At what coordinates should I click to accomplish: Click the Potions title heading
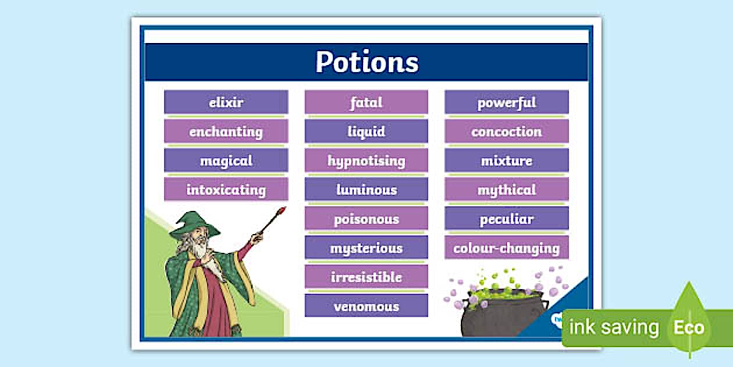[x=367, y=62]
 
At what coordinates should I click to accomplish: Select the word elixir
[x=226, y=103]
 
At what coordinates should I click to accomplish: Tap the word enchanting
[x=226, y=132]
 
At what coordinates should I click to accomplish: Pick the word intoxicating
[x=226, y=190]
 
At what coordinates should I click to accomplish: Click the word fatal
[x=366, y=103]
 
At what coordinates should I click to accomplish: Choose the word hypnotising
[x=366, y=161]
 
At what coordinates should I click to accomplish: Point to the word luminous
[x=366, y=190]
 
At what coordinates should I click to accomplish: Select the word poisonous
[x=366, y=219]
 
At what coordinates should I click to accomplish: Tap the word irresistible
[x=366, y=277]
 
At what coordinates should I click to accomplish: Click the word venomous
[x=366, y=306]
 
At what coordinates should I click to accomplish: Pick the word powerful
[x=507, y=103]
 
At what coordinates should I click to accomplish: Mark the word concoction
[x=507, y=132]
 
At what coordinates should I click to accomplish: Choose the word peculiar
[x=507, y=219]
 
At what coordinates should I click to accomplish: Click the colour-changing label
[x=507, y=248]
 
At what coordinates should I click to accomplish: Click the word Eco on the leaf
[x=689, y=327]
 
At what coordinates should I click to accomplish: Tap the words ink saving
[x=614, y=327]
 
